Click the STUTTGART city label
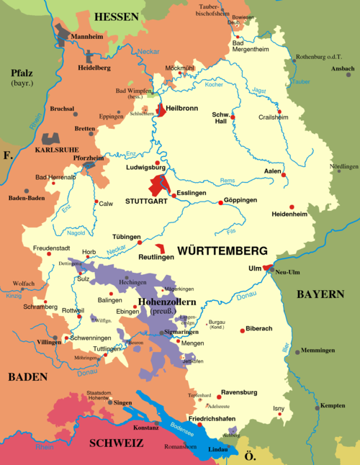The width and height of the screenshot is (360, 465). click(x=146, y=202)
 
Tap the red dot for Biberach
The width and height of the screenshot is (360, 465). click(x=243, y=330)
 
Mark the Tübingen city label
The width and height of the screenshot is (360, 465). click(x=126, y=237)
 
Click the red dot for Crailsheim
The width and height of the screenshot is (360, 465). click(x=289, y=112)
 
